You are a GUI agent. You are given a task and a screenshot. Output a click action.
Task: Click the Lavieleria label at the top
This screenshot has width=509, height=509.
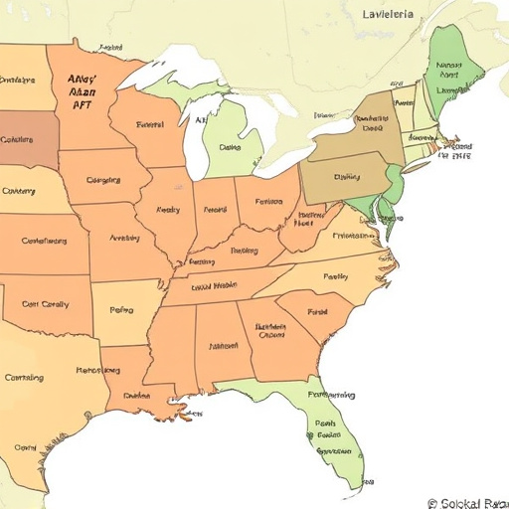pyautogui.click(x=396, y=14)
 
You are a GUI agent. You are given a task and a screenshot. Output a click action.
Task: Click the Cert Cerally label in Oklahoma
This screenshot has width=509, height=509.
pyautogui.click(x=45, y=304)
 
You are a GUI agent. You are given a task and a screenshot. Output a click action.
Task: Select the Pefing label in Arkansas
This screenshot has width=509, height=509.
pyautogui.click(x=121, y=310)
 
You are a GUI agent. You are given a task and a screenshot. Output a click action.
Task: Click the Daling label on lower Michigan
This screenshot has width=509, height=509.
pyautogui.click(x=231, y=146)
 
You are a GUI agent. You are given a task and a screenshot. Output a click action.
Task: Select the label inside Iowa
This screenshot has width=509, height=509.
pyautogui.click(x=103, y=180)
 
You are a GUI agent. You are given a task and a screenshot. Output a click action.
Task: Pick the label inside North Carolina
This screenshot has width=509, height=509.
pyautogui.click(x=336, y=276)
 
